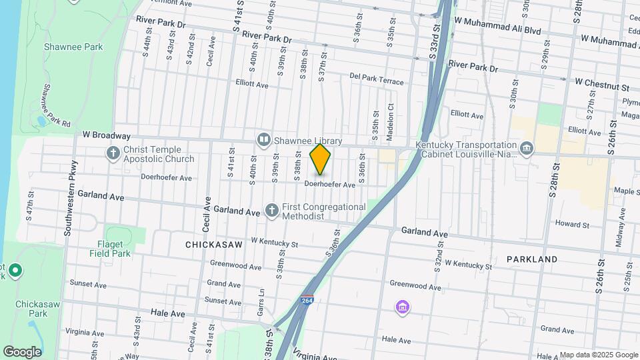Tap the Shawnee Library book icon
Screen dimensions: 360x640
pos(263,140)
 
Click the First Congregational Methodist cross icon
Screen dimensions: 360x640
pos(271,211)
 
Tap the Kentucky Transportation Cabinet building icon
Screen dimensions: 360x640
pos(527,147)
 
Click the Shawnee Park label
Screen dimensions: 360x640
pos(73,47)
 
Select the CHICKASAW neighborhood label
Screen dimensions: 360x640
pos(213,245)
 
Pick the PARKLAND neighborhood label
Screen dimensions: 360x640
pos(531,259)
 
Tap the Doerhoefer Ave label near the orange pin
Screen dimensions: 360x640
pos(330,185)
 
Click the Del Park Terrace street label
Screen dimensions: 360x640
pos(377,79)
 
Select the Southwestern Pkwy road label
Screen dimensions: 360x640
pos(70,198)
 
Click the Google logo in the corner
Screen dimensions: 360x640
pos(22,352)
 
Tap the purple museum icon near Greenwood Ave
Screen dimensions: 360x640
pos(403,307)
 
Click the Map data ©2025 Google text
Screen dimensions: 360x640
pos(599,355)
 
